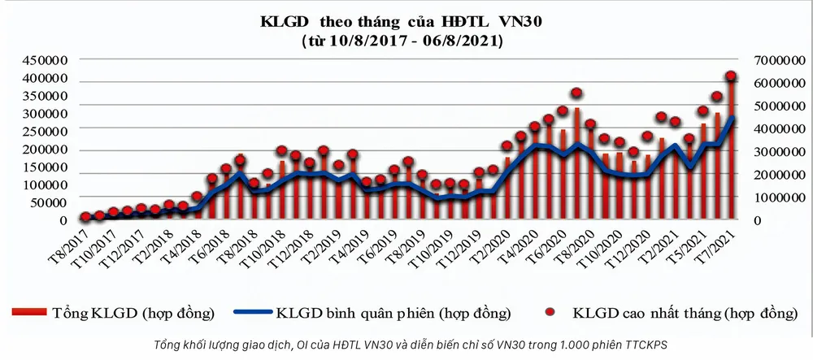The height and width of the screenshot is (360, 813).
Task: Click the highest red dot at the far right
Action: coord(731,76)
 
